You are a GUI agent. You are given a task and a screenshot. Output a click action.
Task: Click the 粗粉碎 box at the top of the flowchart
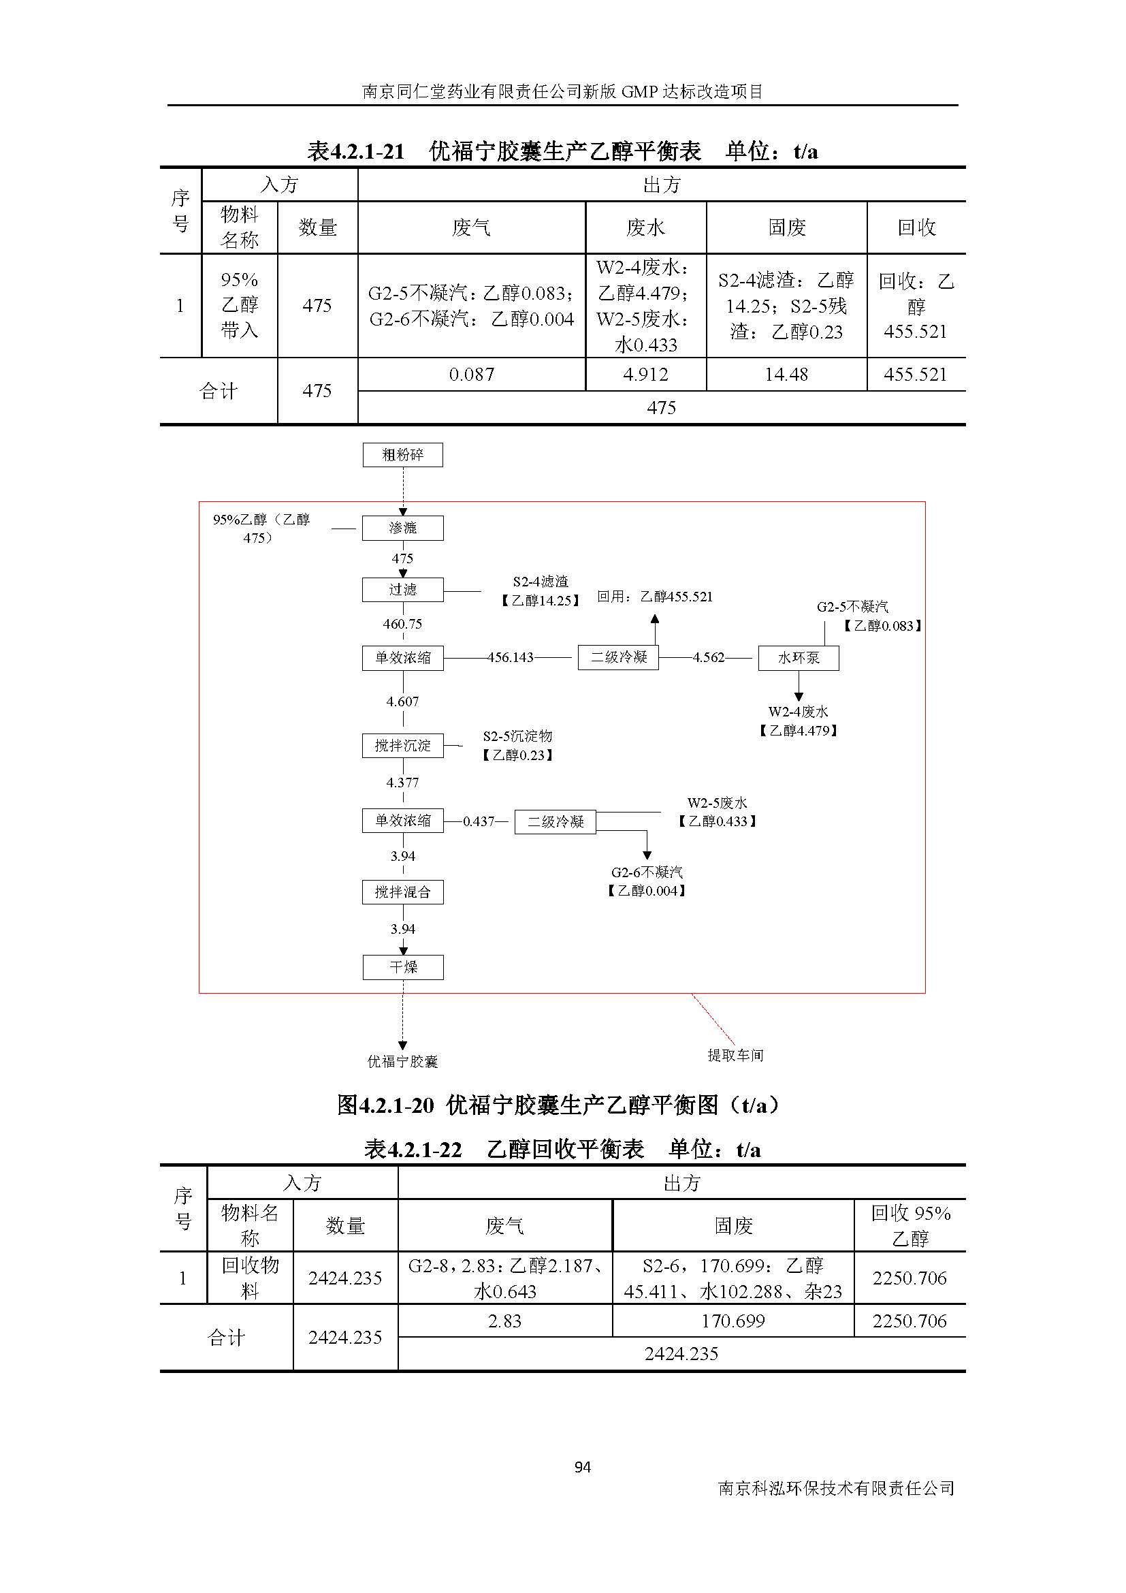(x=402, y=455)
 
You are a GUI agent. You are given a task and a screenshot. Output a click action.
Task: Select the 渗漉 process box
(x=402, y=528)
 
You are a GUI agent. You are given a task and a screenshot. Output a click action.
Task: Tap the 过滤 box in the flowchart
(x=402, y=590)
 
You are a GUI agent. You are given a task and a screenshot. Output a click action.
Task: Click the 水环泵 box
(x=798, y=658)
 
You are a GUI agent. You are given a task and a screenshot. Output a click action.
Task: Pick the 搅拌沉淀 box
(x=402, y=745)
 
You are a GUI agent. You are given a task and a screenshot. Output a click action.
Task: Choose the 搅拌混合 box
(x=402, y=892)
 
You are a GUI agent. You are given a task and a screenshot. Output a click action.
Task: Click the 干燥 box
(x=402, y=966)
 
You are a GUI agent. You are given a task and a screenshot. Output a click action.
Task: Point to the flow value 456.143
(x=511, y=658)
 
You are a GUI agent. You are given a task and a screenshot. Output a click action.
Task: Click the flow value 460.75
(x=402, y=624)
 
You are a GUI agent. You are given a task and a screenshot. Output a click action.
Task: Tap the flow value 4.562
(x=708, y=658)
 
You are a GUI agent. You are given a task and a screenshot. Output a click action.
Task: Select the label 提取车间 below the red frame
(x=735, y=1055)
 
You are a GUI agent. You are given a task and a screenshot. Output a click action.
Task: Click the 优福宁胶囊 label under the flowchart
(x=402, y=1061)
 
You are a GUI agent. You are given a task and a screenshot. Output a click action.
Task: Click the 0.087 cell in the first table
(x=472, y=375)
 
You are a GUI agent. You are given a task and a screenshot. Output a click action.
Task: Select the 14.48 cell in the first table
(x=786, y=375)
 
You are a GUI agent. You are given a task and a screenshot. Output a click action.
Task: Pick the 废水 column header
(x=645, y=227)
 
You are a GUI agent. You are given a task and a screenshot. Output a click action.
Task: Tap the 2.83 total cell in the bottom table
(x=504, y=1321)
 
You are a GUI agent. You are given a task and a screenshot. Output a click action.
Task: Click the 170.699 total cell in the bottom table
(x=733, y=1321)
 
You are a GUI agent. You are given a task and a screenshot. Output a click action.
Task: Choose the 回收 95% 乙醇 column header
(x=910, y=1225)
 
